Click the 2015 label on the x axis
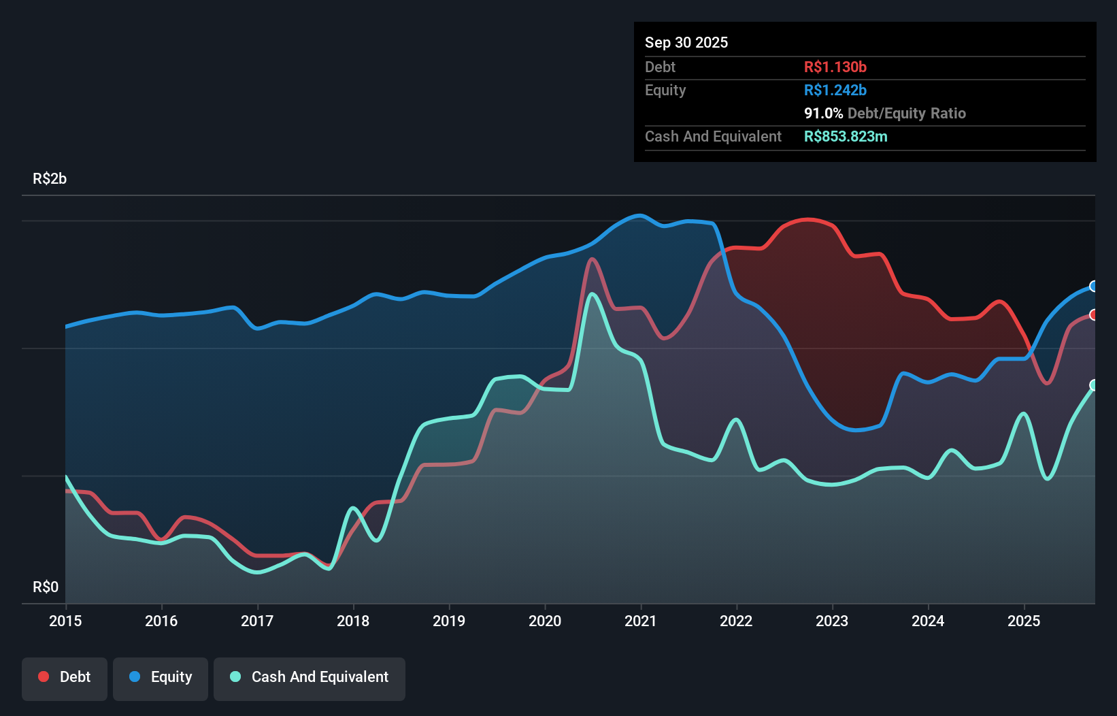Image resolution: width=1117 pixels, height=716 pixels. [65, 621]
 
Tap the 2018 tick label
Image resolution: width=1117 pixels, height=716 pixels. [353, 621]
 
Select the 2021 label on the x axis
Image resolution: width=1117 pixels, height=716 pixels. [641, 621]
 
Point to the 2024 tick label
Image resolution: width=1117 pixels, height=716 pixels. [928, 621]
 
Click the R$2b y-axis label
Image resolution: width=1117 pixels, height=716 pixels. [50, 179]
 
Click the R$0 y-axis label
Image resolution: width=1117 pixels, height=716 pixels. [46, 587]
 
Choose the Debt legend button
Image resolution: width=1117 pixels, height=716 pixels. [65, 677]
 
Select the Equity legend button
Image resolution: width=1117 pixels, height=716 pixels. [161, 677]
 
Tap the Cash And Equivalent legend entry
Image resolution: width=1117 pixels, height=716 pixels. [310, 677]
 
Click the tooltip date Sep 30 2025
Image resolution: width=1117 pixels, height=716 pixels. [686, 42]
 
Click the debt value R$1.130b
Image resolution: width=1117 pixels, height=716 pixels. [835, 67]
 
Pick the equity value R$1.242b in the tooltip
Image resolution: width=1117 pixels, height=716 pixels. [835, 90]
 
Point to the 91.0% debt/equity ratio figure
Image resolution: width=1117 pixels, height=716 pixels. [823, 113]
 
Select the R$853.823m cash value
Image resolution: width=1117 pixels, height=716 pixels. [846, 136]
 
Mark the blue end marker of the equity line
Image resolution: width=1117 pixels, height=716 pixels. [1094, 286]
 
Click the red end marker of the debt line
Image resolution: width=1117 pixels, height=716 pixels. [1094, 314]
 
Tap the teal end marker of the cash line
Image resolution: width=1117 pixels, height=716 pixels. [1094, 385]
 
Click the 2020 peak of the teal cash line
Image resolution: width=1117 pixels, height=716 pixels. [593, 294]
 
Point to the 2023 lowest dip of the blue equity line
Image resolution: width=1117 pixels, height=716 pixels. [856, 430]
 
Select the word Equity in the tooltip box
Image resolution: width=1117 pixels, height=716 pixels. [665, 90]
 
